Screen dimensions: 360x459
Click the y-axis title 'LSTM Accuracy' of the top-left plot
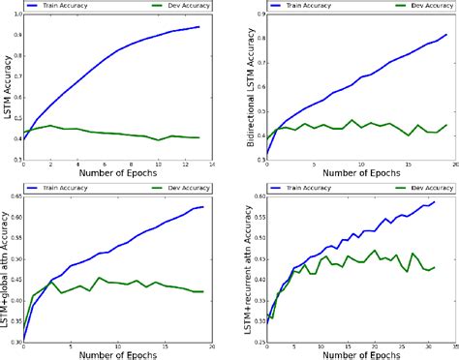point(7,87)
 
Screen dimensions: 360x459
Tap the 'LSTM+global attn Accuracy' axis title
point(7,268)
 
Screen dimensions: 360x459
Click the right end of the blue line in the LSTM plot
point(199,27)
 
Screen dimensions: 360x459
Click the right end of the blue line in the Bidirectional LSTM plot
point(446,35)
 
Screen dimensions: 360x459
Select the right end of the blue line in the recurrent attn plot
point(436,202)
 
